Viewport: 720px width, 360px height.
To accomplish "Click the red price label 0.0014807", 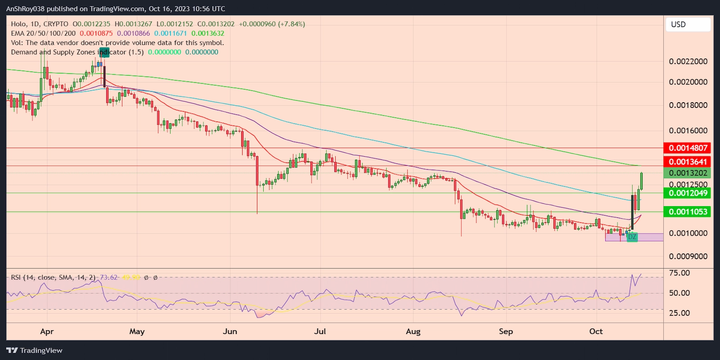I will pyautogui.click(x=688, y=148).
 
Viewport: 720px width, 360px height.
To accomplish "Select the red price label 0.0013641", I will pyautogui.click(x=688, y=162).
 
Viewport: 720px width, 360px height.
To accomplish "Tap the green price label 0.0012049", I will pyautogui.click(x=688, y=193).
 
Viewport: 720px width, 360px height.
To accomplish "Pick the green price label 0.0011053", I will pyautogui.click(x=688, y=212).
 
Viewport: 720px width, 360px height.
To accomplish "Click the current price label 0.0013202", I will pyautogui.click(x=688, y=173).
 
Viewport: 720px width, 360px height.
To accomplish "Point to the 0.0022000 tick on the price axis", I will pyautogui.click(x=688, y=62).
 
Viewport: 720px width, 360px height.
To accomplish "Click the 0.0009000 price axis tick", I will pyautogui.click(x=688, y=256).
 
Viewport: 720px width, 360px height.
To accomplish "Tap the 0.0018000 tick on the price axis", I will pyautogui.click(x=688, y=105).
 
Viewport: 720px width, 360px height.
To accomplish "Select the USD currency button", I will pyautogui.click(x=688, y=24).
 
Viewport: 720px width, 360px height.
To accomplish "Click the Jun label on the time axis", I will pyautogui.click(x=230, y=332).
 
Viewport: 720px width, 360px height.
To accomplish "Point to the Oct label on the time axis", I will pyautogui.click(x=596, y=332).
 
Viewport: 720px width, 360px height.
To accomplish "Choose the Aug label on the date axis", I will pyautogui.click(x=413, y=332).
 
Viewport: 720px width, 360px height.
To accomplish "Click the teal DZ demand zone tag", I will pyautogui.click(x=632, y=237).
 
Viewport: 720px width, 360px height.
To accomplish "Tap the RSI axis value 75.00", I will pyautogui.click(x=679, y=273).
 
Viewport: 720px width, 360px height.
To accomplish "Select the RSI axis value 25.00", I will pyautogui.click(x=679, y=313).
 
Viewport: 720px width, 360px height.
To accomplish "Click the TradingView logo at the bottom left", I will pyautogui.click(x=35, y=351).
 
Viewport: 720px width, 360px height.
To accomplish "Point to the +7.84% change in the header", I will pyautogui.click(x=291, y=24).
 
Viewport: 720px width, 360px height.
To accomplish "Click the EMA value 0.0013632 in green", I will pyautogui.click(x=208, y=33).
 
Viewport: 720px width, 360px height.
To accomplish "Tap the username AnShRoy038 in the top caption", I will pyautogui.click(x=26, y=9).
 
